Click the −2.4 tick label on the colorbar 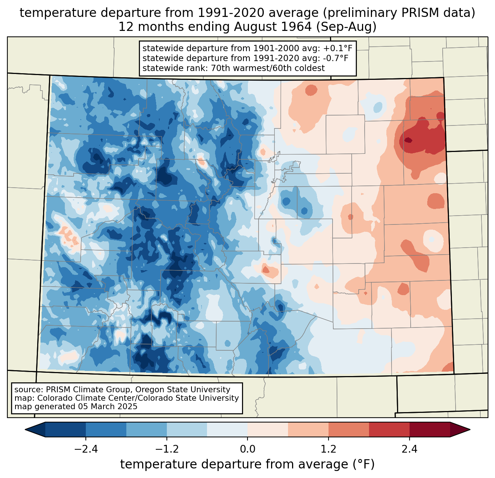[85, 449]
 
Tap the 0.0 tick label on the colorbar [248, 449]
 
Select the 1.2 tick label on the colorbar [329, 449]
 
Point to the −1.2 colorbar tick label [166, 449]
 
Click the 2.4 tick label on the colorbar [409, 449]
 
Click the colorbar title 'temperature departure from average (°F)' [248, 464]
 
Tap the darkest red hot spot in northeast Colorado [408, 140]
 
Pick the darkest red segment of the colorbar [429, 429]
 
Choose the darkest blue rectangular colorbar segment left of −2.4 [66, 429]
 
